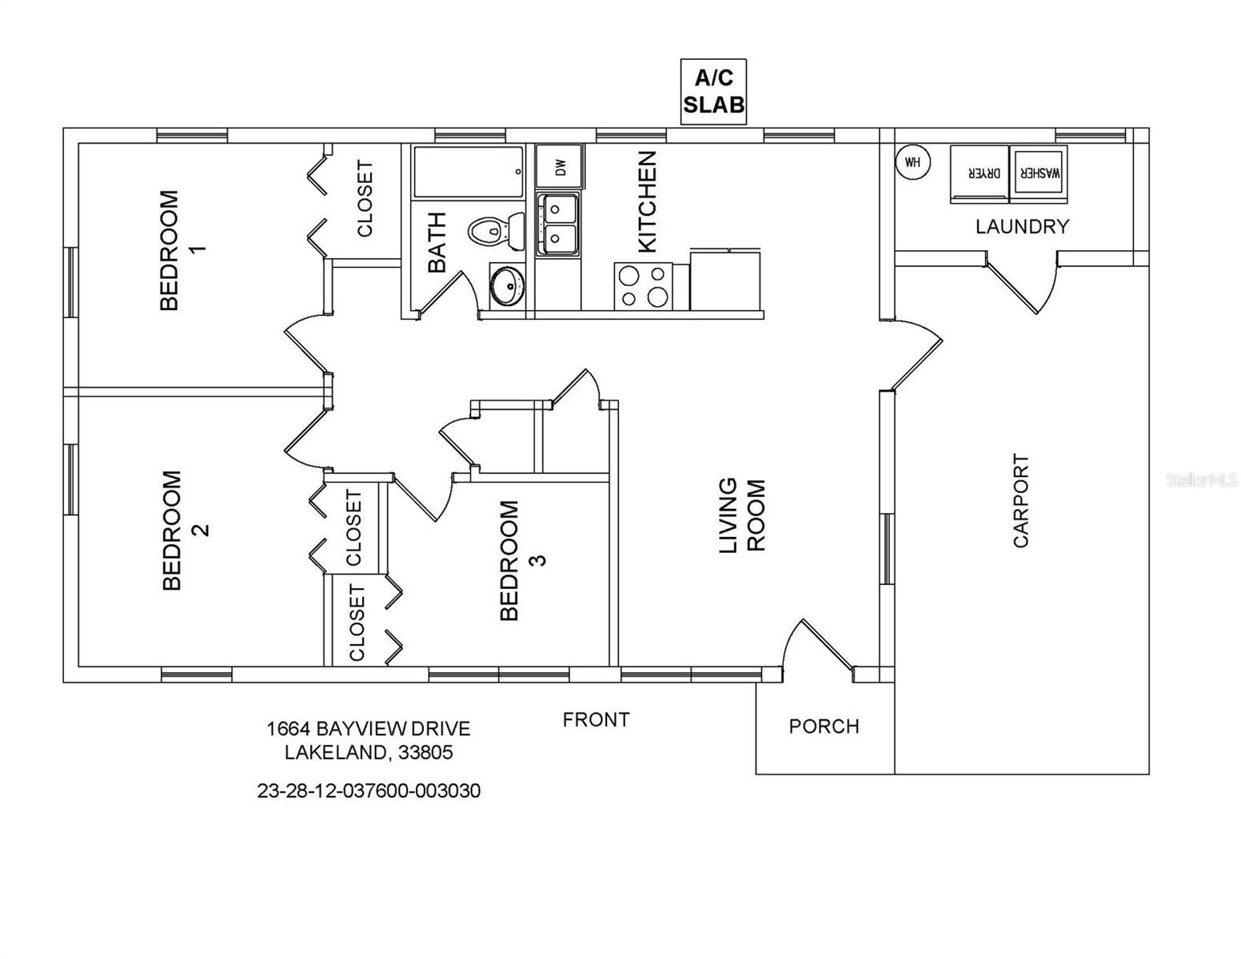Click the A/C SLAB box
(x=713, y=91)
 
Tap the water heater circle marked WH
(x=912, y=163)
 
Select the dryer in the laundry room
(x=979, y=173)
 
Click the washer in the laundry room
(x=1039, y=171)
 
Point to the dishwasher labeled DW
(x=560, y=166)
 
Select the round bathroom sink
(x=506, y=285)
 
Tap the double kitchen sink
(x=558, y=225)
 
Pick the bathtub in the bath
(x=468, y=171)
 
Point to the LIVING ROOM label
(x=741, y=515)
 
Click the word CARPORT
(x=1021, y=500)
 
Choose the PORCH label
(x=824, y=726)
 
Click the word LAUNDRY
(x=1021, y=227)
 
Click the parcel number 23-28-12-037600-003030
(x=369, y=791)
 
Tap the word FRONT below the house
(x=596, y=720)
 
